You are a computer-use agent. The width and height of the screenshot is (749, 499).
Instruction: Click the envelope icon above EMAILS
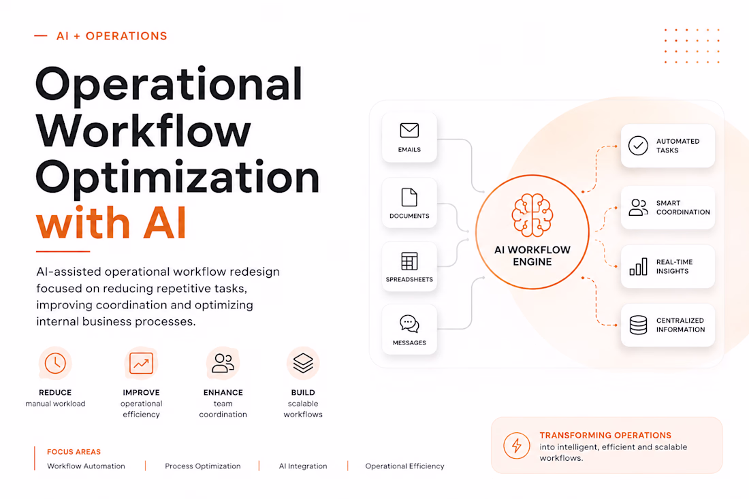click(409, 130)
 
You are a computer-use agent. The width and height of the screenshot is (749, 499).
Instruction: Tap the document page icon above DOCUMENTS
click(409, 197)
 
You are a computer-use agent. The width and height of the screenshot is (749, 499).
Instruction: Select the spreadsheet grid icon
click(409, 261)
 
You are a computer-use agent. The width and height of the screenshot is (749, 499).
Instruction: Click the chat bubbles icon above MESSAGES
click(409, 324)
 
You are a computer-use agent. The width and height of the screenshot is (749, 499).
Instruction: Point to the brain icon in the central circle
click(532, 215)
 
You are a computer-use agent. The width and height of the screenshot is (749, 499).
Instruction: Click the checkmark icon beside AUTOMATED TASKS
click(638, 146)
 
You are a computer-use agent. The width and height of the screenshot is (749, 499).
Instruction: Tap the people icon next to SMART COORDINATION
click(638, 208)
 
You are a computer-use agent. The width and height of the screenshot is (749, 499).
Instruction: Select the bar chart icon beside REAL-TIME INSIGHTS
click(638, 266)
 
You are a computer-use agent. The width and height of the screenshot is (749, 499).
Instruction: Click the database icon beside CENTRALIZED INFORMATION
click(638, 325)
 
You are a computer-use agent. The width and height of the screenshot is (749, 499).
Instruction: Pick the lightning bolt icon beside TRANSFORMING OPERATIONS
click(516, 445)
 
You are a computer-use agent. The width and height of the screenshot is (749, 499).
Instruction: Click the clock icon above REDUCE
click(55, 364)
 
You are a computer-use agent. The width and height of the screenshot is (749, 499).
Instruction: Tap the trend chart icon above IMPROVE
click(142, 364)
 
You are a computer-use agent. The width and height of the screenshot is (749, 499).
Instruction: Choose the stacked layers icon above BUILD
click(303, 364)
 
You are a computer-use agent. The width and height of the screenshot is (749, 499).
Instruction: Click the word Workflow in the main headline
click(143, 130)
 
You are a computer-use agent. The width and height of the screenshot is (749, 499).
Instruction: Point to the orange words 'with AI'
click(111, 223)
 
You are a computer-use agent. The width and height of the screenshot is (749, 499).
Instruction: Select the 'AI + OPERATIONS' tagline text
click(112, 36)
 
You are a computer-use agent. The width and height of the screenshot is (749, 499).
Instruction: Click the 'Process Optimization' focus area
click(202, 466)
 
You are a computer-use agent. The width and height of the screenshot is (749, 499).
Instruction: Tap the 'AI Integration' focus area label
click(303, 466)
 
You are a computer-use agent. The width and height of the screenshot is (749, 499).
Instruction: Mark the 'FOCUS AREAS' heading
click(74, 452)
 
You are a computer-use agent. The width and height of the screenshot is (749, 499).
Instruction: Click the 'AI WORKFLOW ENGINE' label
click(532, 255)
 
